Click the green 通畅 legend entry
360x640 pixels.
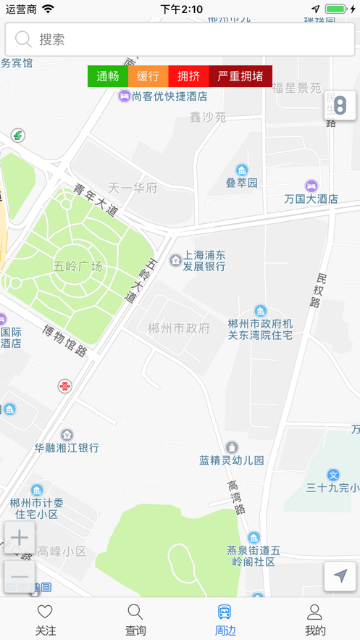pos(107,76)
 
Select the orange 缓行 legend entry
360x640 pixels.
pos(148,76)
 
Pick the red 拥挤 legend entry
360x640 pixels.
pos(188,76)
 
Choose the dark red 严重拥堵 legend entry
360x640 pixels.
pos(240,76)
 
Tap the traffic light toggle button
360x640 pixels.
pos(340,106)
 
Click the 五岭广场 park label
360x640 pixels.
pos(78,265)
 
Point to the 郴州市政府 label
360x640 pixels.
pos(178,328)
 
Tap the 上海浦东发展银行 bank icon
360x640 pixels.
pos(175,259)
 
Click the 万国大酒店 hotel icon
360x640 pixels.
pos(311,186)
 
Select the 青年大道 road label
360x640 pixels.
pos(95,200)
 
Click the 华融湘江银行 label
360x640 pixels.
pos(67,448)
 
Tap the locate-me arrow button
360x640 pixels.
pos(340,576)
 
